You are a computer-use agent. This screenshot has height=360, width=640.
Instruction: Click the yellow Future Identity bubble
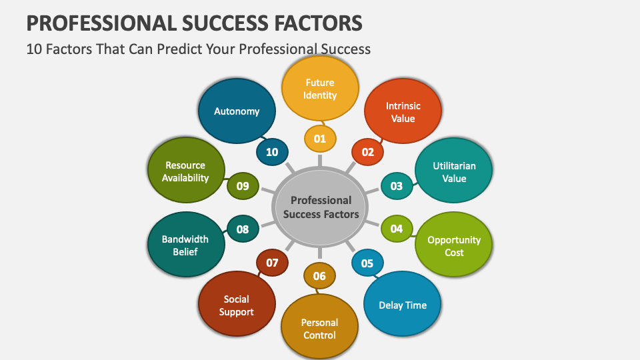[x=320, y=88]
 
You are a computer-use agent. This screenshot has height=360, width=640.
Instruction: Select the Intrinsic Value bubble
[x=403, y=111]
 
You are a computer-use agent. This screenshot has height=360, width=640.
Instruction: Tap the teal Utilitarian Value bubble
[x=453, y=170]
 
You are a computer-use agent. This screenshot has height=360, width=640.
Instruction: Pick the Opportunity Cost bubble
[x=453, y=244]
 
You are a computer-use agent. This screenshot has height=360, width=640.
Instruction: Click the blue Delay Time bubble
[x=403, y=304]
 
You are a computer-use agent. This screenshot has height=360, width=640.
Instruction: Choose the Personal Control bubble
[x=319, y=327]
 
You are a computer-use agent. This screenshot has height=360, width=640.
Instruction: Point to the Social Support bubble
[x=237, y=304]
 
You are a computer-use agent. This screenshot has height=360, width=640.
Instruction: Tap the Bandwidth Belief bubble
[x=186, y=244]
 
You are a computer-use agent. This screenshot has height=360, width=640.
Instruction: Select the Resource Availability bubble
[x=186, y=170]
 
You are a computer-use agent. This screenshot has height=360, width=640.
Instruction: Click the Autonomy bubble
[x=237, y=111]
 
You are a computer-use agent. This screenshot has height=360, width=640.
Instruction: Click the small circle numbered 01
[x=320, y=139]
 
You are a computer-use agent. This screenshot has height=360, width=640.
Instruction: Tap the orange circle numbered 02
[x=367, y=152]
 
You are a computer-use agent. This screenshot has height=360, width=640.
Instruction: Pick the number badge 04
[x=397, y=229]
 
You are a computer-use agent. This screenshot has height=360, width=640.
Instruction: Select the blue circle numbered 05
[x=367, y=263]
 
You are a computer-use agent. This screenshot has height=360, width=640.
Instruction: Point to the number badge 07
[x=272, y=263]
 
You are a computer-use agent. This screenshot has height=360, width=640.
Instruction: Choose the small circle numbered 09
[x=243, y=186]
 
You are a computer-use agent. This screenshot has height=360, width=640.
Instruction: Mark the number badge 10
[x=272, y=152]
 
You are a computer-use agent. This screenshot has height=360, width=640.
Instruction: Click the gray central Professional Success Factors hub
[x=320, y=207]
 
